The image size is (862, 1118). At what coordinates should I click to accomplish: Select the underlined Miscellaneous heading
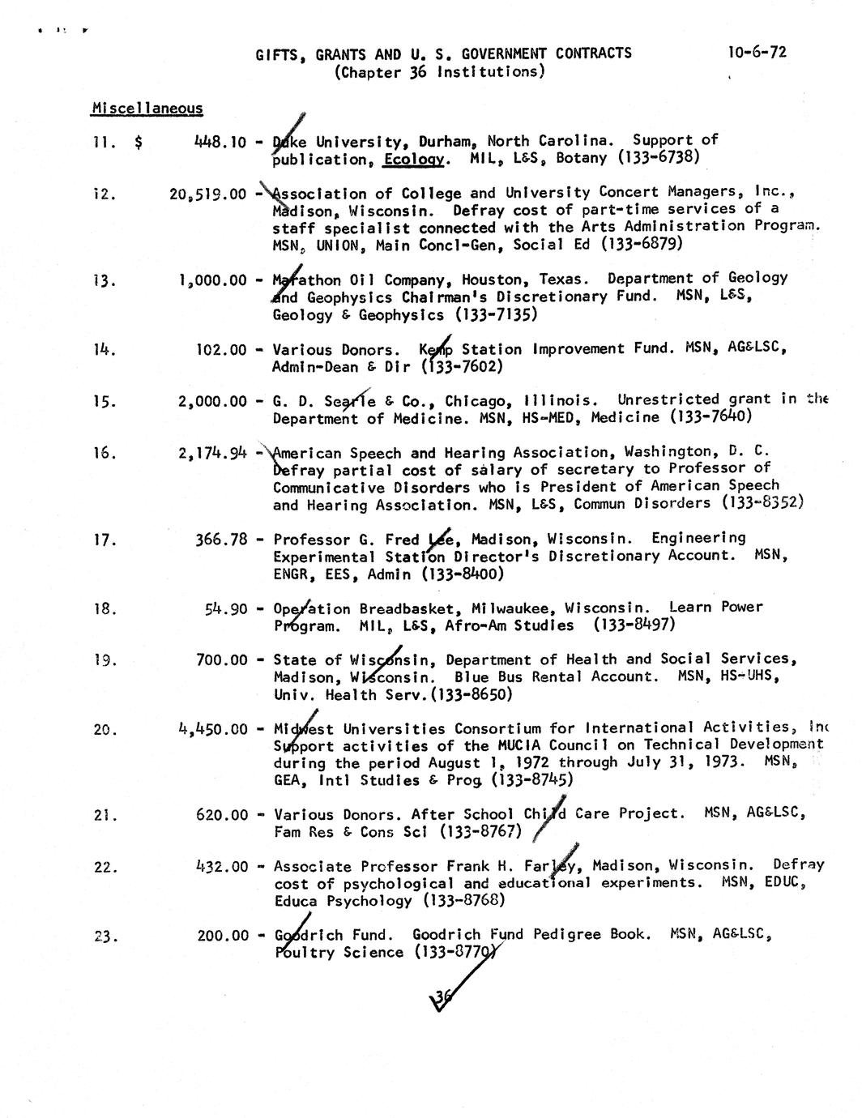(x=147, y=108)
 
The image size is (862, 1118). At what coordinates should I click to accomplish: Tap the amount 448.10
(x=220, y=142)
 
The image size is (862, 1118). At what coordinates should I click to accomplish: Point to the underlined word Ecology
(x=413, y=159)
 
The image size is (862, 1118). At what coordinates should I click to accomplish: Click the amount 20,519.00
(x=208, y=194)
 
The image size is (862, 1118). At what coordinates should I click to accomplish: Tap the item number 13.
(x=105, y=280)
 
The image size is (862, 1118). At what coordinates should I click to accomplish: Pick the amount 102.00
(x=222, y=350)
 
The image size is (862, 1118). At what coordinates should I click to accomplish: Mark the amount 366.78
(x=221, y=539)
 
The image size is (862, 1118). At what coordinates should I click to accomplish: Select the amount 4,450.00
(x=212, y=728)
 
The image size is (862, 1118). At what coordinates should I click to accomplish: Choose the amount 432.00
(x=221, y=866)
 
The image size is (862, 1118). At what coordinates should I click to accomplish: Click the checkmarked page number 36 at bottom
(x=442, y=998)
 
